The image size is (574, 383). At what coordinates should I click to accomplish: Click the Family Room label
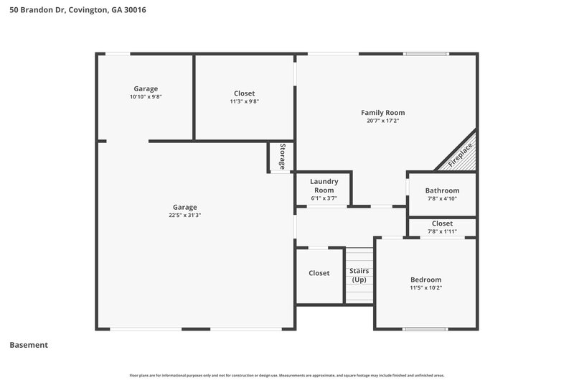[382, 113]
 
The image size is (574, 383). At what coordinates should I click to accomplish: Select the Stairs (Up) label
[359, 275]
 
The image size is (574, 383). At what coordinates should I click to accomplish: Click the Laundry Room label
[324, 185]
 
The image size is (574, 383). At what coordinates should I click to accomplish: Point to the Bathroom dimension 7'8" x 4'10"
[442, 199]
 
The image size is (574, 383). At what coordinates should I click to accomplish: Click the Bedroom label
[425, 280]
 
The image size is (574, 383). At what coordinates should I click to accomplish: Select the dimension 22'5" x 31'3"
[184, 215]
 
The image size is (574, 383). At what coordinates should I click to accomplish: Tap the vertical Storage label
[283, 157]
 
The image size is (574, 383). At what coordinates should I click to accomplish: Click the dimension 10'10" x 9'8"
[146, 97]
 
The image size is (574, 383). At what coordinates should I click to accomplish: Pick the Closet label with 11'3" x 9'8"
[244, 93]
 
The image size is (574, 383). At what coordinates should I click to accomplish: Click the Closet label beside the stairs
[319, 273]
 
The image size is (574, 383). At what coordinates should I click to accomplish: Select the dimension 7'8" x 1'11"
[442, 231]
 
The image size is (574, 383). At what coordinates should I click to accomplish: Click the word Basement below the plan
[29, 345]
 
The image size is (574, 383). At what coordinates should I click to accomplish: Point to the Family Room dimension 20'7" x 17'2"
[382, 121]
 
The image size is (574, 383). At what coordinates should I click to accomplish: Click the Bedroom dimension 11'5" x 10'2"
[425, 288]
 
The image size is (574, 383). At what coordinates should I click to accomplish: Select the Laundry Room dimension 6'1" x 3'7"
[324, 198]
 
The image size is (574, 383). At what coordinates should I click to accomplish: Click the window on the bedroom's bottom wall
[425, 329]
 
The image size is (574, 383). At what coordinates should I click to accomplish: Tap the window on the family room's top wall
[425, 53]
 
